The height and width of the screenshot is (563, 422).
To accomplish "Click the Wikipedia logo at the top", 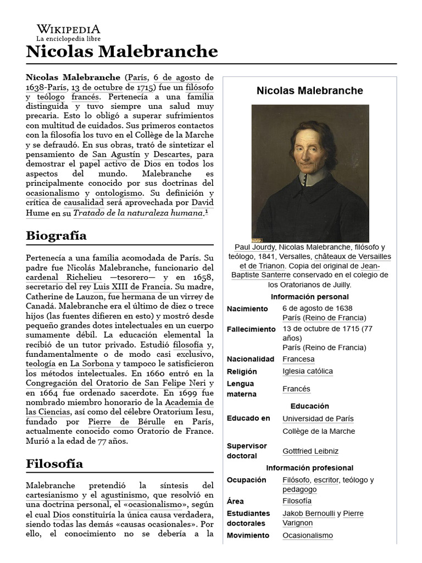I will click(x=68, y=32).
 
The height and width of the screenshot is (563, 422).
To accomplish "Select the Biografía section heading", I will click(x=56, y=236).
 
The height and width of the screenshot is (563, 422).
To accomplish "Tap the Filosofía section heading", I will click(x=54, y=463).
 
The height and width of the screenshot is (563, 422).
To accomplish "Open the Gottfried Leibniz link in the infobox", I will click(x=310, y=451).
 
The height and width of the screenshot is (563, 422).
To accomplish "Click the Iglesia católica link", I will click(x=307, y=371).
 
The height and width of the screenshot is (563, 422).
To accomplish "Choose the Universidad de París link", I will click(x=318, y=419).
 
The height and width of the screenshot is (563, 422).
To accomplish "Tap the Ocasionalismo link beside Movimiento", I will click(x=308, y=536).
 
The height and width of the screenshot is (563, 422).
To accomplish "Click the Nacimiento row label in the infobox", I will click(x=247, y=309).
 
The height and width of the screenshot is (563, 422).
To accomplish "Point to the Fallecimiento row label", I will click(x=251, y=329).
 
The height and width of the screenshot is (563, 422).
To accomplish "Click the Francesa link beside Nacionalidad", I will click(x=298, y=359).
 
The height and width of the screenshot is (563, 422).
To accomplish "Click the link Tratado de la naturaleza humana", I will click(x=138, y=213).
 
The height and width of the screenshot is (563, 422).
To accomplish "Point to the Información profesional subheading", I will click(x=310, y=468).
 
